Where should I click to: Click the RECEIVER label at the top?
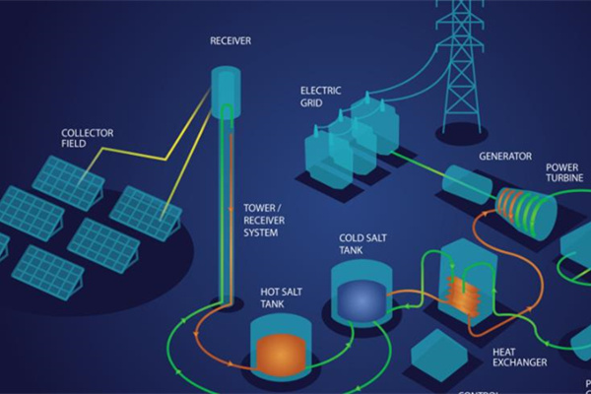[x=230, y=40]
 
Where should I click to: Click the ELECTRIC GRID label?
[x=320, y=96]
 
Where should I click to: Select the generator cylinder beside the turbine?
[x=463, y=185]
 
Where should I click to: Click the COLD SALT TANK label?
[x=359, y=243]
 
